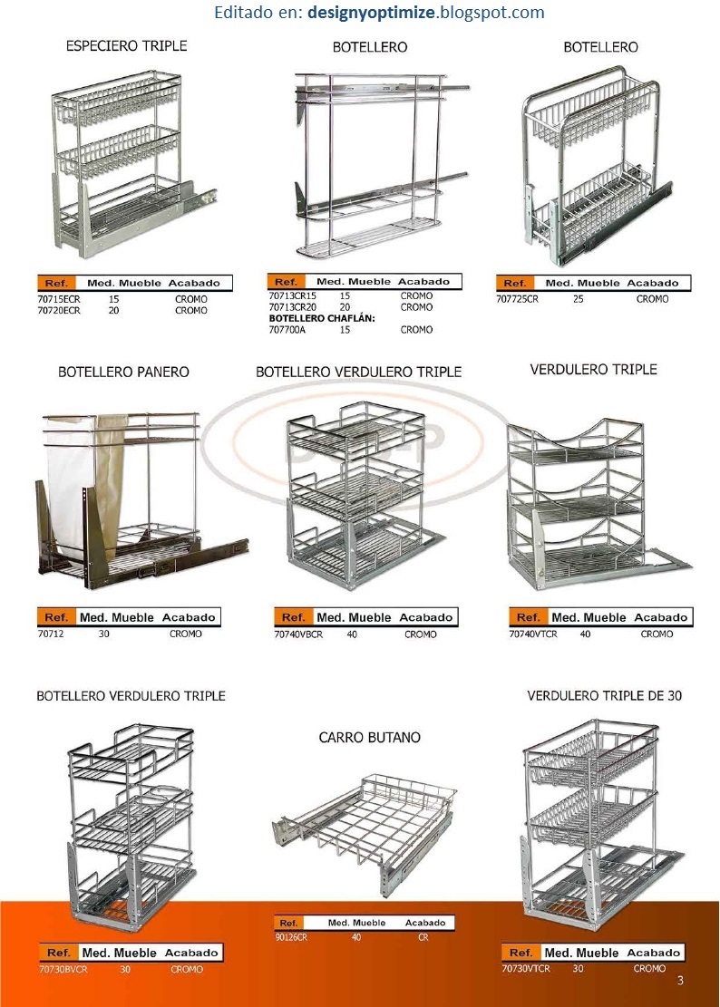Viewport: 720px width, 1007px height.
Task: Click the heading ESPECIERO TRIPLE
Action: (x=126, y=45)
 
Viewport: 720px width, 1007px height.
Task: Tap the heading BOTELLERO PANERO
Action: (x=123, y=372)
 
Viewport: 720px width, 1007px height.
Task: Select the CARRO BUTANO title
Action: (x=369, y=738)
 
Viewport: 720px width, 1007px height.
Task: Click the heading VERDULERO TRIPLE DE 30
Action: (x=604, y=695)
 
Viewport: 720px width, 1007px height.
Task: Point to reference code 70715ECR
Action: (x=59, y=299)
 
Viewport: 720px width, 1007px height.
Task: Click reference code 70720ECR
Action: (x=59, y=310)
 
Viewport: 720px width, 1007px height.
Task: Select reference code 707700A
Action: (x=289, y=330)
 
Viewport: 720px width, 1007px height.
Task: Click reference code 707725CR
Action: (x=518, y=299)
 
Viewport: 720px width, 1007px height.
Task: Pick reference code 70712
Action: (x=52, y=634)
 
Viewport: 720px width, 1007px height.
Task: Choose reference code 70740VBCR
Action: (x=298, y=634)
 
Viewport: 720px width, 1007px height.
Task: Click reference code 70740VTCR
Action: (x=533, y=634)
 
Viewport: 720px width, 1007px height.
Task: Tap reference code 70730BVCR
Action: (x=63, y=969)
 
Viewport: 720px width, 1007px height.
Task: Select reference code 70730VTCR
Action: (x=526, y=968)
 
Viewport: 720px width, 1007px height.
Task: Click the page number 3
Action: (x=680, y=981)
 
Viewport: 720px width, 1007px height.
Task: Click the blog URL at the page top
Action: (x=379, y=13)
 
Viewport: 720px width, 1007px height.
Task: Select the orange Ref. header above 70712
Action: (x=56, y=617)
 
